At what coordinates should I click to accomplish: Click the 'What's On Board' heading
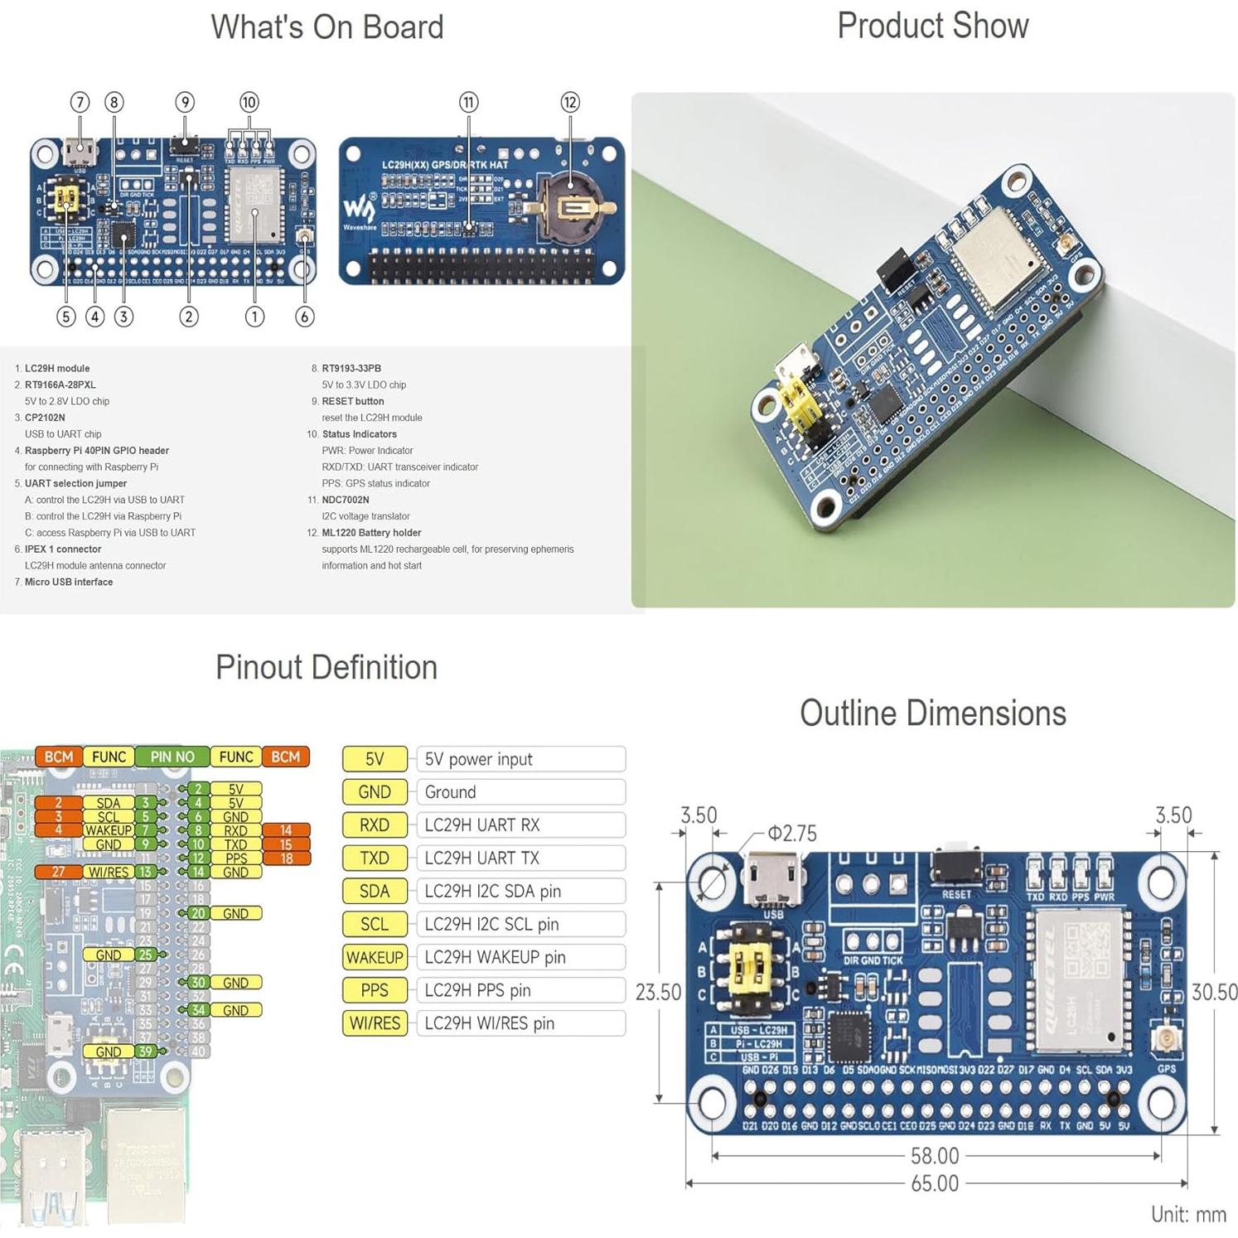pos(326,27)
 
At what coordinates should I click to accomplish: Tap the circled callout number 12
pos(569,102)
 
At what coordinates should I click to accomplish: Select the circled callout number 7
pos(80,102)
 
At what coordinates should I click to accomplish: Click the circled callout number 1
pos(254,317)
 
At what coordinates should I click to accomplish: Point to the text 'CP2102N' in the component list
pos(45,418)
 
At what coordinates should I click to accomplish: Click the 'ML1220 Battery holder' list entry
pos(371,533)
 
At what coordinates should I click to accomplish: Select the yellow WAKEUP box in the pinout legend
pos(375,957)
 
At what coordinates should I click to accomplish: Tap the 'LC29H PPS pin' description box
pos(520,990)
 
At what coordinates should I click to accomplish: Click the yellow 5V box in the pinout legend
pos(375,759)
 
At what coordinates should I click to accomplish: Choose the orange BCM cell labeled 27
pos(58,872)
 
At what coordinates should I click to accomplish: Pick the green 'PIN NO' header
pos(172,757)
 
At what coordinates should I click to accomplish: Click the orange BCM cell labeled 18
pos(286,858)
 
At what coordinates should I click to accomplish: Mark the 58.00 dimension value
pos(935,1155)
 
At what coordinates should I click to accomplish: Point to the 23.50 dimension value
pos(658,992)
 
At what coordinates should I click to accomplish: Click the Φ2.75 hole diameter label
pos(791,833)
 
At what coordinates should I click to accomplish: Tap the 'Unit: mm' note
pos(1188,1214)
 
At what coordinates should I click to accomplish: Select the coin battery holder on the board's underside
pos(570,207)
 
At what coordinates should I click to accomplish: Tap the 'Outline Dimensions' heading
pos(932,713)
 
